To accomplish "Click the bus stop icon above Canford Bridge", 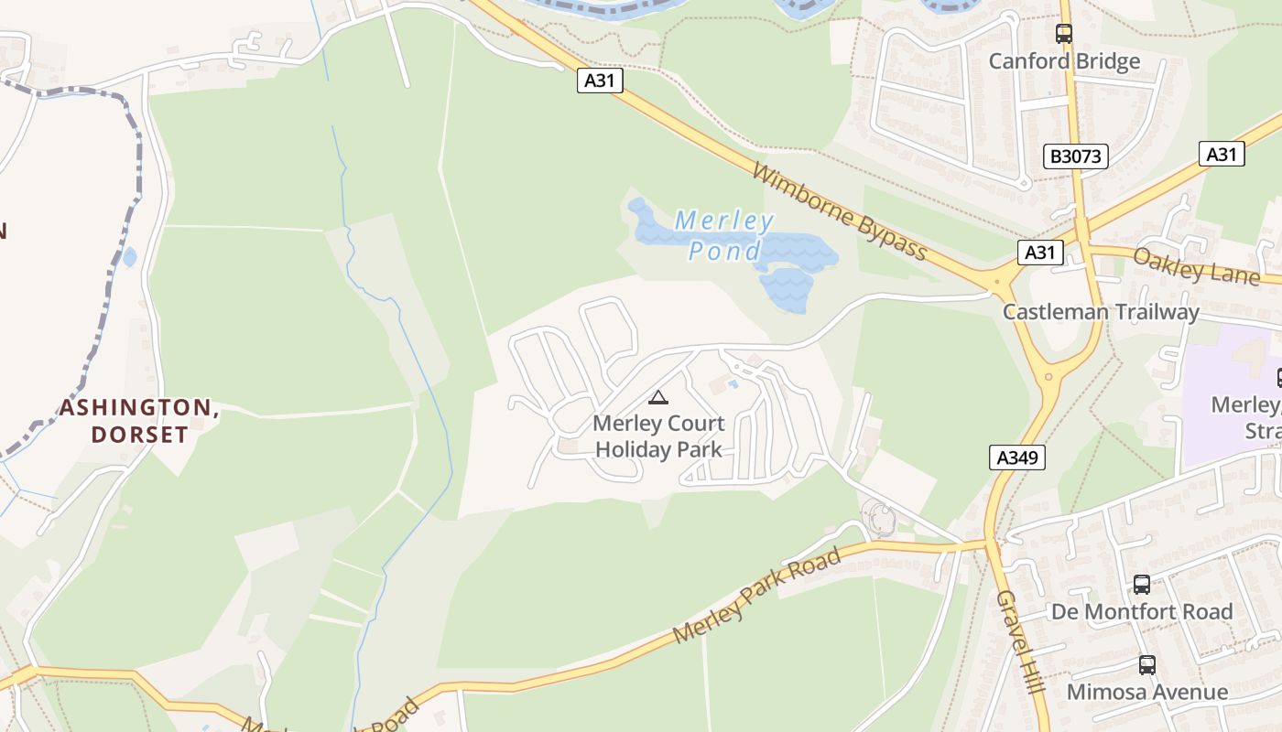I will (1064, 34).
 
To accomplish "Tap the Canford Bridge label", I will (1064, 61).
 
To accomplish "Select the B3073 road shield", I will (1075, 156).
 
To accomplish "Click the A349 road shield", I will (1017, 457).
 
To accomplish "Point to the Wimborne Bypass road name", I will (840, 211).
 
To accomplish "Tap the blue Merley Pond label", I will (723, 235).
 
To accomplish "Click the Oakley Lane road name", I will (1196, 266).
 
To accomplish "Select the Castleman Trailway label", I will (1101, 312).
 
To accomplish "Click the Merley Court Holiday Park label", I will (658, 436).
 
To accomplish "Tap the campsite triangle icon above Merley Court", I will (657, 397).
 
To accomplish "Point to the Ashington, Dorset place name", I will (139, 421).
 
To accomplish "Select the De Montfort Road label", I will (1141, 611).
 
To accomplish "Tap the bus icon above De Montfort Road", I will (1142, 584).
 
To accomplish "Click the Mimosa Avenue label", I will (1146, 692).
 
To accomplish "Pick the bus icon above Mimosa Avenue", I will (1146, 664).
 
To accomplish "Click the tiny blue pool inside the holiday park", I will (733, 384).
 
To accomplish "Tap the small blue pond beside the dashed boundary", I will (129, 257).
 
